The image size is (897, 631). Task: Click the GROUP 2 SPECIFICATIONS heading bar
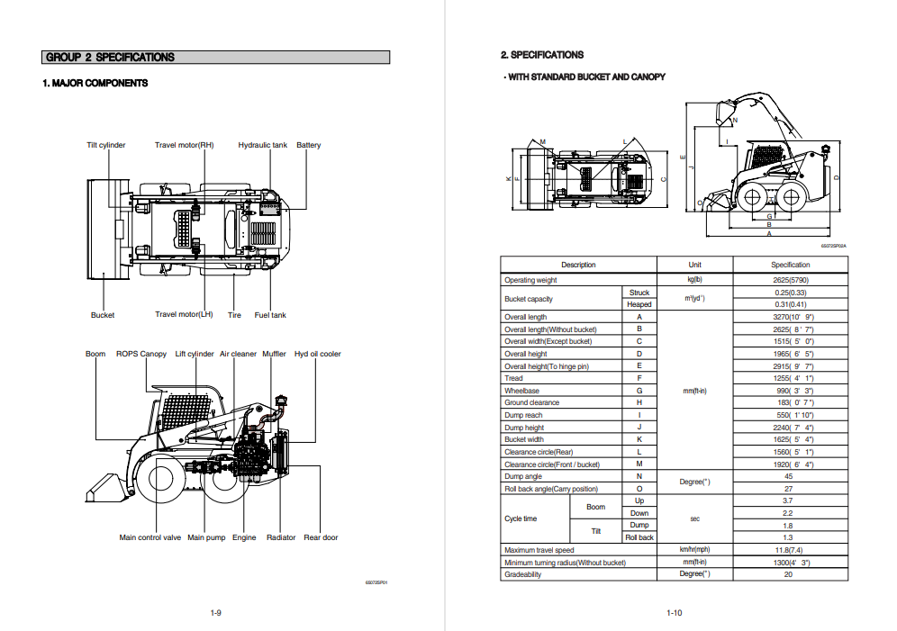pyautogui.click(x=216, y=58)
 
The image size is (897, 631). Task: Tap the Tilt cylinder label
pyautogui.click(x=106, y=145)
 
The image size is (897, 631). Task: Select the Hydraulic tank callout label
pyautogui.click(x=263, y=145)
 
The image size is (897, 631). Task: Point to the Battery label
pyautogui.click(x=308, y=145)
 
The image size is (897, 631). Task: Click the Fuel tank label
pyautogui.click(x=270, y=315)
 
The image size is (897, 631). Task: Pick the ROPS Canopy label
pyautogui.click(x=141, y=354)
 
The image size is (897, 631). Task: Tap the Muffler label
pyautogui.click(x=275, y=354)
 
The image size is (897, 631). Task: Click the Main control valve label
pyautogui.click(x=150, y=537)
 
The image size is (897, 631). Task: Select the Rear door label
pyautogui.click(x=321, y=537)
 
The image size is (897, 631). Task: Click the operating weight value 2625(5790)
pyautogui.click(x=790, y=280)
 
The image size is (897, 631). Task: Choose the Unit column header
pyautogui.click(x=694, y=265)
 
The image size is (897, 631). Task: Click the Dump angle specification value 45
pyautogui.click(x=789, y=476)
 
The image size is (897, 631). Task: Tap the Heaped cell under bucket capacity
pyautogui.click(x=639, y=304)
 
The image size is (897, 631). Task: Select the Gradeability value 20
pyautogui.click(x=789, y=574)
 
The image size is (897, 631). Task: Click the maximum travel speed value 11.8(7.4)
pyautogui.click(x=789, y=549)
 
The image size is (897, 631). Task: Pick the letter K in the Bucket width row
pyautogui.click(x=639, y=439)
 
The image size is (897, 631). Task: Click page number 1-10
pyautogui.click(x=674, y=613)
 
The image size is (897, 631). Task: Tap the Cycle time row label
pyautogui.click(x=521, y=518)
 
